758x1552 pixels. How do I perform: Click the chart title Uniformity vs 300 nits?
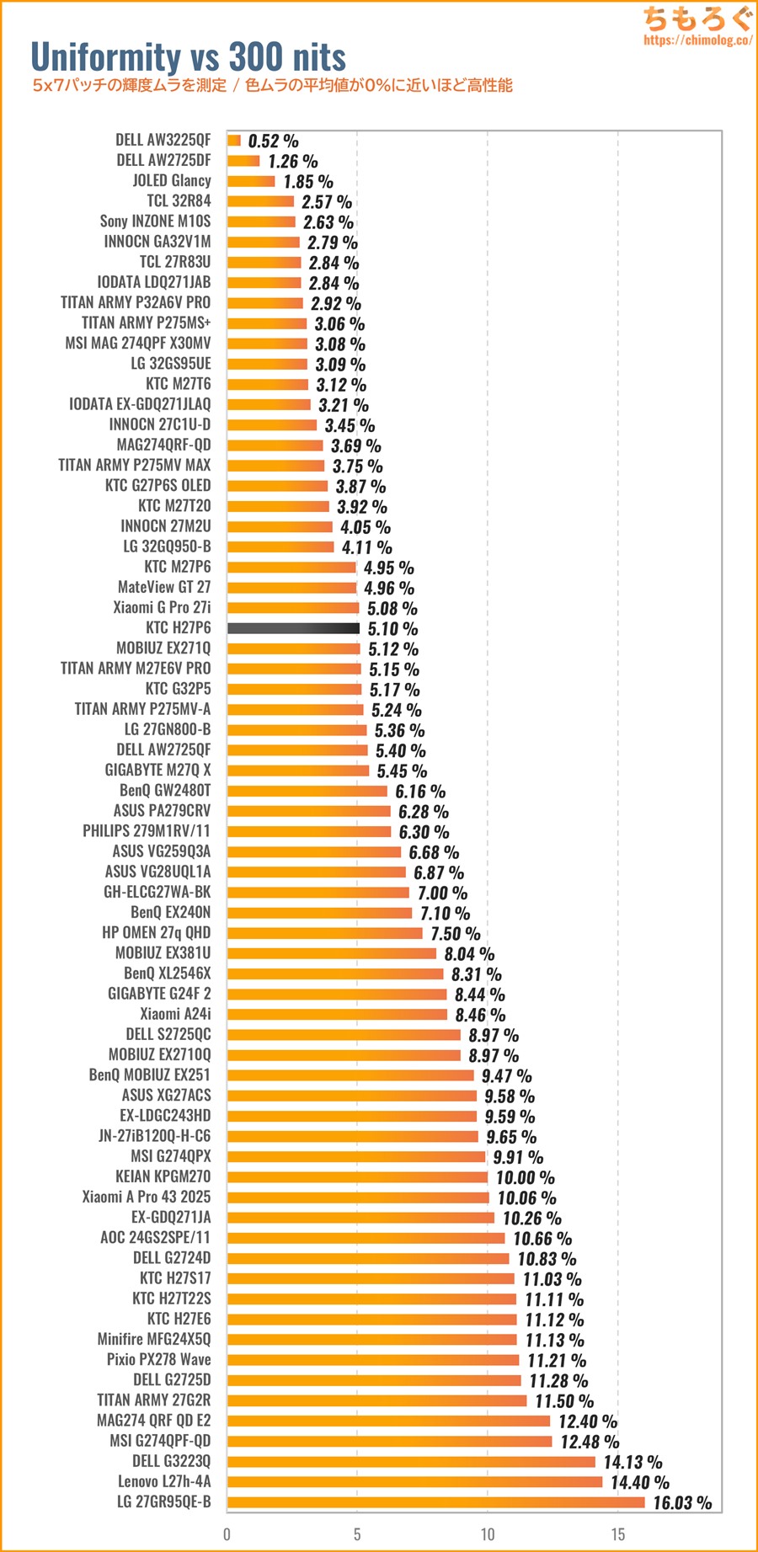click(188, 56)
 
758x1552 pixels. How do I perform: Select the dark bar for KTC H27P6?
click(293, 628)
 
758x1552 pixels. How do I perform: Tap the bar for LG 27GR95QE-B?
click(435, 1502)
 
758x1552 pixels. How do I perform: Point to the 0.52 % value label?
click(273, 141)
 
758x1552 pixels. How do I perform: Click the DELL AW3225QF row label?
click(163, 140)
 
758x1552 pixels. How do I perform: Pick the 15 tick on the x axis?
click(618, 1534)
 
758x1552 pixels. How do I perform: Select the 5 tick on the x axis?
click(357, 1534)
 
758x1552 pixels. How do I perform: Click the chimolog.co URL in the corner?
click(697, 40)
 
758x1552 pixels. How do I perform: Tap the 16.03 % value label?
click(682, 1503)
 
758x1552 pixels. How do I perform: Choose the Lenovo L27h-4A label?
click(164, 1481)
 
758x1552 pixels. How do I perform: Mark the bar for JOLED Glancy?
click(251, 181)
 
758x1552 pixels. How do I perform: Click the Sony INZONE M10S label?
click(155, 221)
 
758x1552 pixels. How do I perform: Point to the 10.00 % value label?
click(525, 1177)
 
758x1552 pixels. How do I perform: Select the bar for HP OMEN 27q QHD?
click(324, 933)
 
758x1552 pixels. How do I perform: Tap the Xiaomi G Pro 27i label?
click(162, 607)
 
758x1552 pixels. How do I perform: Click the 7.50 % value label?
click(455, 934)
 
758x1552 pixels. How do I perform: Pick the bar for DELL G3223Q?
click(411, 1462)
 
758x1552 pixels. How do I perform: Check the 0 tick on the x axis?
click(227, 1534)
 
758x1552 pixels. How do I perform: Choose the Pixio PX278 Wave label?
click(158, 1359)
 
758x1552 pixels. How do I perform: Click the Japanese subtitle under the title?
click(272, 85)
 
